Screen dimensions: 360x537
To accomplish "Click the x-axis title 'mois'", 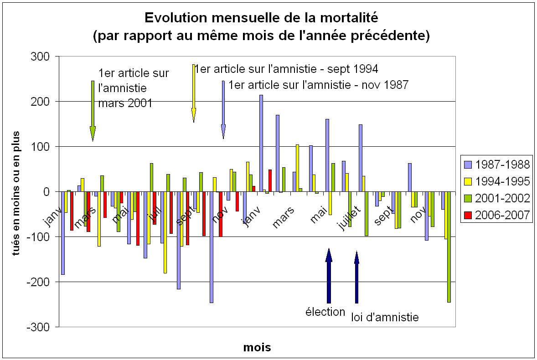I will pyautogui.click(x=257, y=348).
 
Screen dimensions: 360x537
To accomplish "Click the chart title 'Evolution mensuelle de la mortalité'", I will pyautogui.click(x=261, y=18).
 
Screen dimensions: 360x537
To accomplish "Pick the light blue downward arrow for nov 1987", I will pyautogui.click(x=223, y=109).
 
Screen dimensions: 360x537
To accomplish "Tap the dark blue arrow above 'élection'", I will pyautogui.click(x=329, y=276).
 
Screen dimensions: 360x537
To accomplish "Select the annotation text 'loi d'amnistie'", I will pyautogui.click(x=385, y=317).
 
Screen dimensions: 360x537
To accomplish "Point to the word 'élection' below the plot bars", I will pyautogui.click(x=325, y=312).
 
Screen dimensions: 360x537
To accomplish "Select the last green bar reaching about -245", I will pyautogui.click(x=449, y=247).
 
